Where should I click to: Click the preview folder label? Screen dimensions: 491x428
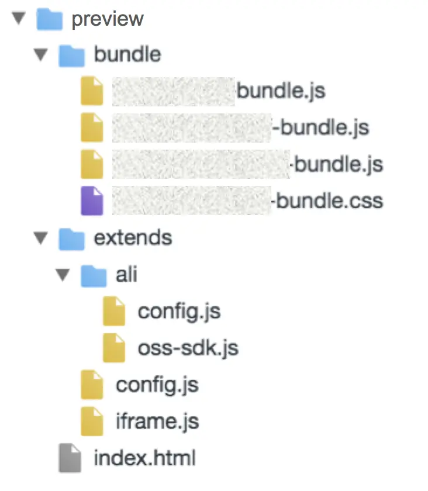pos(107,19)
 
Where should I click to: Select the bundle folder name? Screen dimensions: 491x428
pos(127,55)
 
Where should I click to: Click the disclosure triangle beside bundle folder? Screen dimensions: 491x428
pos(40,55)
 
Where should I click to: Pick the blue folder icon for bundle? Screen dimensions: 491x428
pos(71,56)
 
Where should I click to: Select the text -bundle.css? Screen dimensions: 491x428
pos(327,202)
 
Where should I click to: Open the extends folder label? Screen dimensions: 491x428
pos(133,238)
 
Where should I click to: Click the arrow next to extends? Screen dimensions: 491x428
pos(40,238)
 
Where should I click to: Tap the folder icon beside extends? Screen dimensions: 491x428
pos(71,238)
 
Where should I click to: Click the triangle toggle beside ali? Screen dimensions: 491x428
pos(63,274)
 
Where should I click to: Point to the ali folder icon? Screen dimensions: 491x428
pos(94,275)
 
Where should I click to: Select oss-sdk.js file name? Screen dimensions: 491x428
pos(188,348)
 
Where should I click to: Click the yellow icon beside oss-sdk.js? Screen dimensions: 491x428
pos(114,348)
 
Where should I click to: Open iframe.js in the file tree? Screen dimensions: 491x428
pos(157,421)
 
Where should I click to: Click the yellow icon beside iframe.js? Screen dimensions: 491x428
pos(92,421)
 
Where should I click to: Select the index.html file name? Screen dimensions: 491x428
pos(144,458)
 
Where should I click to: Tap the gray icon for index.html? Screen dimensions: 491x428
pos(70,458)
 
